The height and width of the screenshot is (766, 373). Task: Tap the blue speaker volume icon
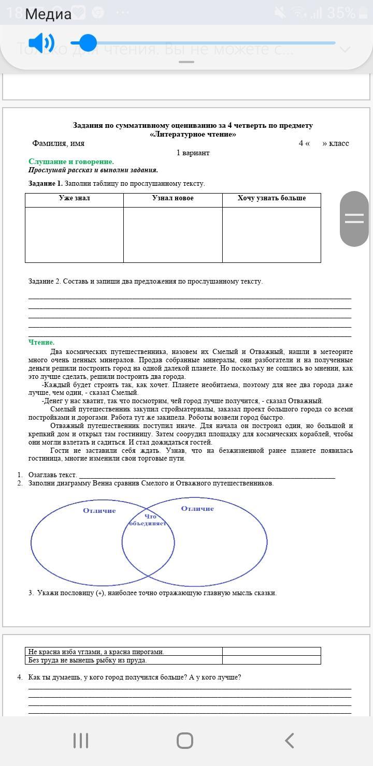[x=40, y=43]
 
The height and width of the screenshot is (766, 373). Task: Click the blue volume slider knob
[x=88, y=43]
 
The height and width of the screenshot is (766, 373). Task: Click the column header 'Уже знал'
[x=74, y=198]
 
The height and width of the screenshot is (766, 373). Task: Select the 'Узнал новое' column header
[x=173, y=198]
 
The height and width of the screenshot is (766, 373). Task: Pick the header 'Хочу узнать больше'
[x=271, y=198]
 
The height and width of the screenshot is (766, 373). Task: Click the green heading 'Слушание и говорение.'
[x=71, y=161]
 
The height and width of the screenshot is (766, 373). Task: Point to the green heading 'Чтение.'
[x=41, y=342]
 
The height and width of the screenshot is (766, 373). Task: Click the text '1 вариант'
[x=193, y=153]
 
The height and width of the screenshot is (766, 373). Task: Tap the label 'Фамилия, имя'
[x=58, y=143]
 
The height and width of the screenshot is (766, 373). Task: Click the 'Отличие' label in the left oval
[x=99, y=511]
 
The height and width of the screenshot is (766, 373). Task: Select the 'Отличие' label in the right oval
[x=197, y=509]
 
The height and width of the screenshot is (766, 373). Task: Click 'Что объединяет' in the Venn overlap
[x=149, y=520]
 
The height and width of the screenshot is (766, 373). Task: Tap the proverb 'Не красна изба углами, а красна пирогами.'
[x=96, y=652]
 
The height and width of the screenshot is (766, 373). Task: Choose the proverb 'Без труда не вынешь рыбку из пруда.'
[x=88, y=660]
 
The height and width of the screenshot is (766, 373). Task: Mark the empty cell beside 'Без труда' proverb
[x=271, y=660]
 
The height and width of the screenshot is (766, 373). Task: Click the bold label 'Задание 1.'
[x=46, y=183]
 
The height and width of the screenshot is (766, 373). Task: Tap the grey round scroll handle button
[x=354, y=218]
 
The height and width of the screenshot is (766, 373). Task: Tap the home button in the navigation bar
[x=185, y=741]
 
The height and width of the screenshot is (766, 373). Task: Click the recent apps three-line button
[x=81, y=741]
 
